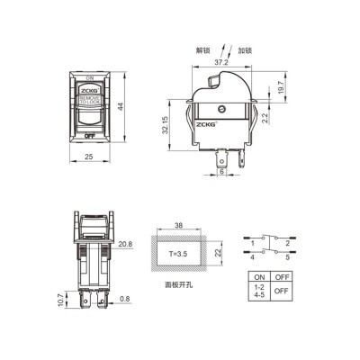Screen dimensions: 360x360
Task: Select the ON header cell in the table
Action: (x=260, y=277)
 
